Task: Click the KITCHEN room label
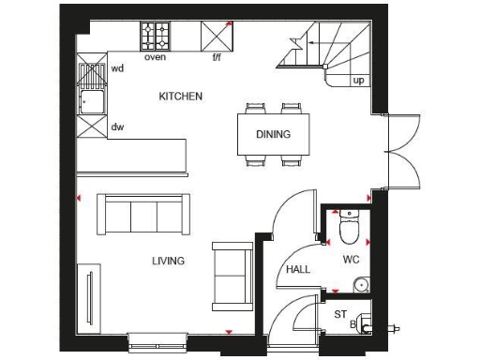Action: pos(180,97)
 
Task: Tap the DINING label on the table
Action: pos(273,134)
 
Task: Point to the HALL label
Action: pos(298,270)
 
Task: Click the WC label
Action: pos(351,258)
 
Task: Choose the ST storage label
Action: pos(339,314)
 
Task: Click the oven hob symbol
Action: pos(157,36)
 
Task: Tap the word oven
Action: pos(156,57)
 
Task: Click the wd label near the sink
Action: pos(117,68)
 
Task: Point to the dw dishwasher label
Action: pos(117,126)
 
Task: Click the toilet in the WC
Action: pos(348,226)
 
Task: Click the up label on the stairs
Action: pos(359,81)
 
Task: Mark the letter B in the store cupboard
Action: pos(353,324)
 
